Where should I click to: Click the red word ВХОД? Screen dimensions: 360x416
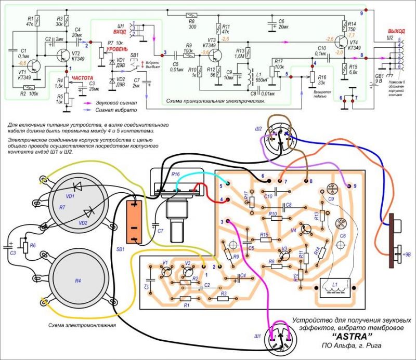[x=120, y=32]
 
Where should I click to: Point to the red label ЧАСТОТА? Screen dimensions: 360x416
[x=82, y=77]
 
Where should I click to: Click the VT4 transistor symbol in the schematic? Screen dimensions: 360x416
[x=341, y=42]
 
